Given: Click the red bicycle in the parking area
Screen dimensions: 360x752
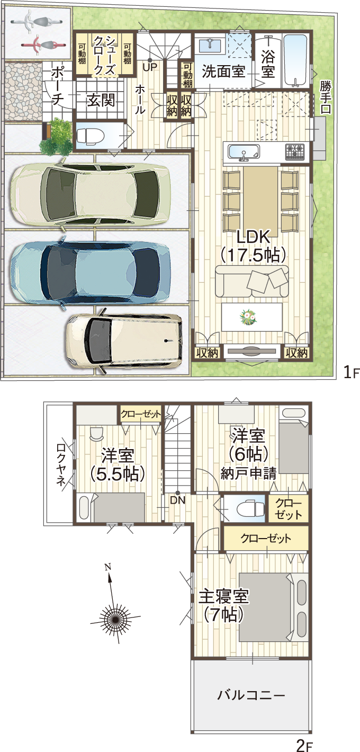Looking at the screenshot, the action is [x=42, y=44].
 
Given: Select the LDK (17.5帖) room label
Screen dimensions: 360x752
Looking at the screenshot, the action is [x=253, y=246].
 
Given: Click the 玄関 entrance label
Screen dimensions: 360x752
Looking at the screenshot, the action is [x=101, y=100].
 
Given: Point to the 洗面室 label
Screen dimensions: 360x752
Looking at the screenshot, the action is [x=223, y=71].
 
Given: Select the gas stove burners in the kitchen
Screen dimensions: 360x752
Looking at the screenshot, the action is [x=295, y=151].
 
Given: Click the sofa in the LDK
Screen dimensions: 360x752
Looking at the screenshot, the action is [x=251, y=281].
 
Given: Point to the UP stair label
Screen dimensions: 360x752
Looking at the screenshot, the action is [x=150, y=67].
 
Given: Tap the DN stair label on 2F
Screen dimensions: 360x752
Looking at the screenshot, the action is [x=177, y=500].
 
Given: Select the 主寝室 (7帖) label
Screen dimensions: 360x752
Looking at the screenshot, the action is [x=224, y=606].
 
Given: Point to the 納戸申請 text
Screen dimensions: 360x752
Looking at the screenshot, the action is [x=249, y=473].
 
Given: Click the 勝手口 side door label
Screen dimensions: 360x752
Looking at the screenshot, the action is [x=325, y=97].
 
